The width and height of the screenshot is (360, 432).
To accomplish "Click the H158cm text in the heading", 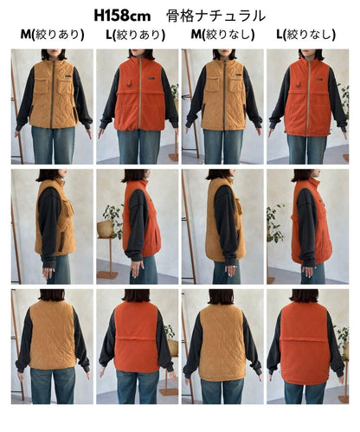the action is point(122,16).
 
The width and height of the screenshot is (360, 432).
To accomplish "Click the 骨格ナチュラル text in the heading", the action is point(215,16).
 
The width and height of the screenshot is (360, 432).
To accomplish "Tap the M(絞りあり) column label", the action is point(52,35).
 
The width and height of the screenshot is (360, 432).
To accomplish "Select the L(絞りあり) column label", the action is point(135,35).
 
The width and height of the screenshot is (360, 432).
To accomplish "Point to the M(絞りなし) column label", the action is point(222,35).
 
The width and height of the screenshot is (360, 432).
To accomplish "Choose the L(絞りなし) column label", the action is point(305,35).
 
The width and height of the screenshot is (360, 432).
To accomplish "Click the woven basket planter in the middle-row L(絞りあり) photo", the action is point(105,229).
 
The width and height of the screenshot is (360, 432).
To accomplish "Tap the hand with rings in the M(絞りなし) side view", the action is point(230,269).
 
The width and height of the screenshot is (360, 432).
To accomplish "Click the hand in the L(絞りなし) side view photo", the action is point(308,271).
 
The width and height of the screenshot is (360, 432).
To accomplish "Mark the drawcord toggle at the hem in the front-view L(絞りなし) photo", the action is point(329,132).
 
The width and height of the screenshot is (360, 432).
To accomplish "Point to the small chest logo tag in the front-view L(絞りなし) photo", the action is point(319,80).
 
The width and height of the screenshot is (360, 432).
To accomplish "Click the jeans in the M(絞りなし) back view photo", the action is point(222,390).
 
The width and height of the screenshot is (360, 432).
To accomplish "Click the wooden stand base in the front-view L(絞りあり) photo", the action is point(174,157).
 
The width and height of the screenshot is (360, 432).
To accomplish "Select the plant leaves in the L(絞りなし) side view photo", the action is point(274,222).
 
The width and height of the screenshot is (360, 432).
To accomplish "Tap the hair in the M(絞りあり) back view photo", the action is point(52,295).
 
